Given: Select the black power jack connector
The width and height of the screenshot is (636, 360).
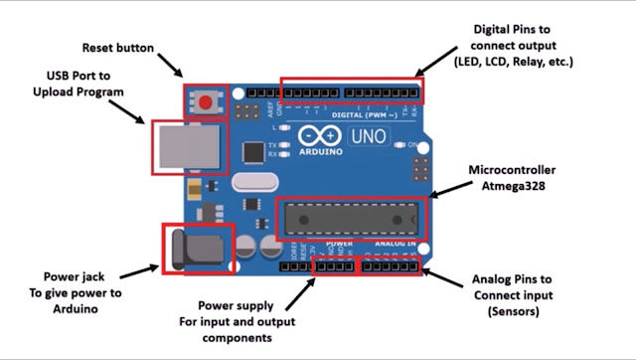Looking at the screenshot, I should (x=195, y=249).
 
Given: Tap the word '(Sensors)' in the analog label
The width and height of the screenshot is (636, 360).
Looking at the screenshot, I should (x=512, y=311).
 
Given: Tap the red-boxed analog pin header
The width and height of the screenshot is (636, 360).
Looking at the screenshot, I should (x=392, y=266).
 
